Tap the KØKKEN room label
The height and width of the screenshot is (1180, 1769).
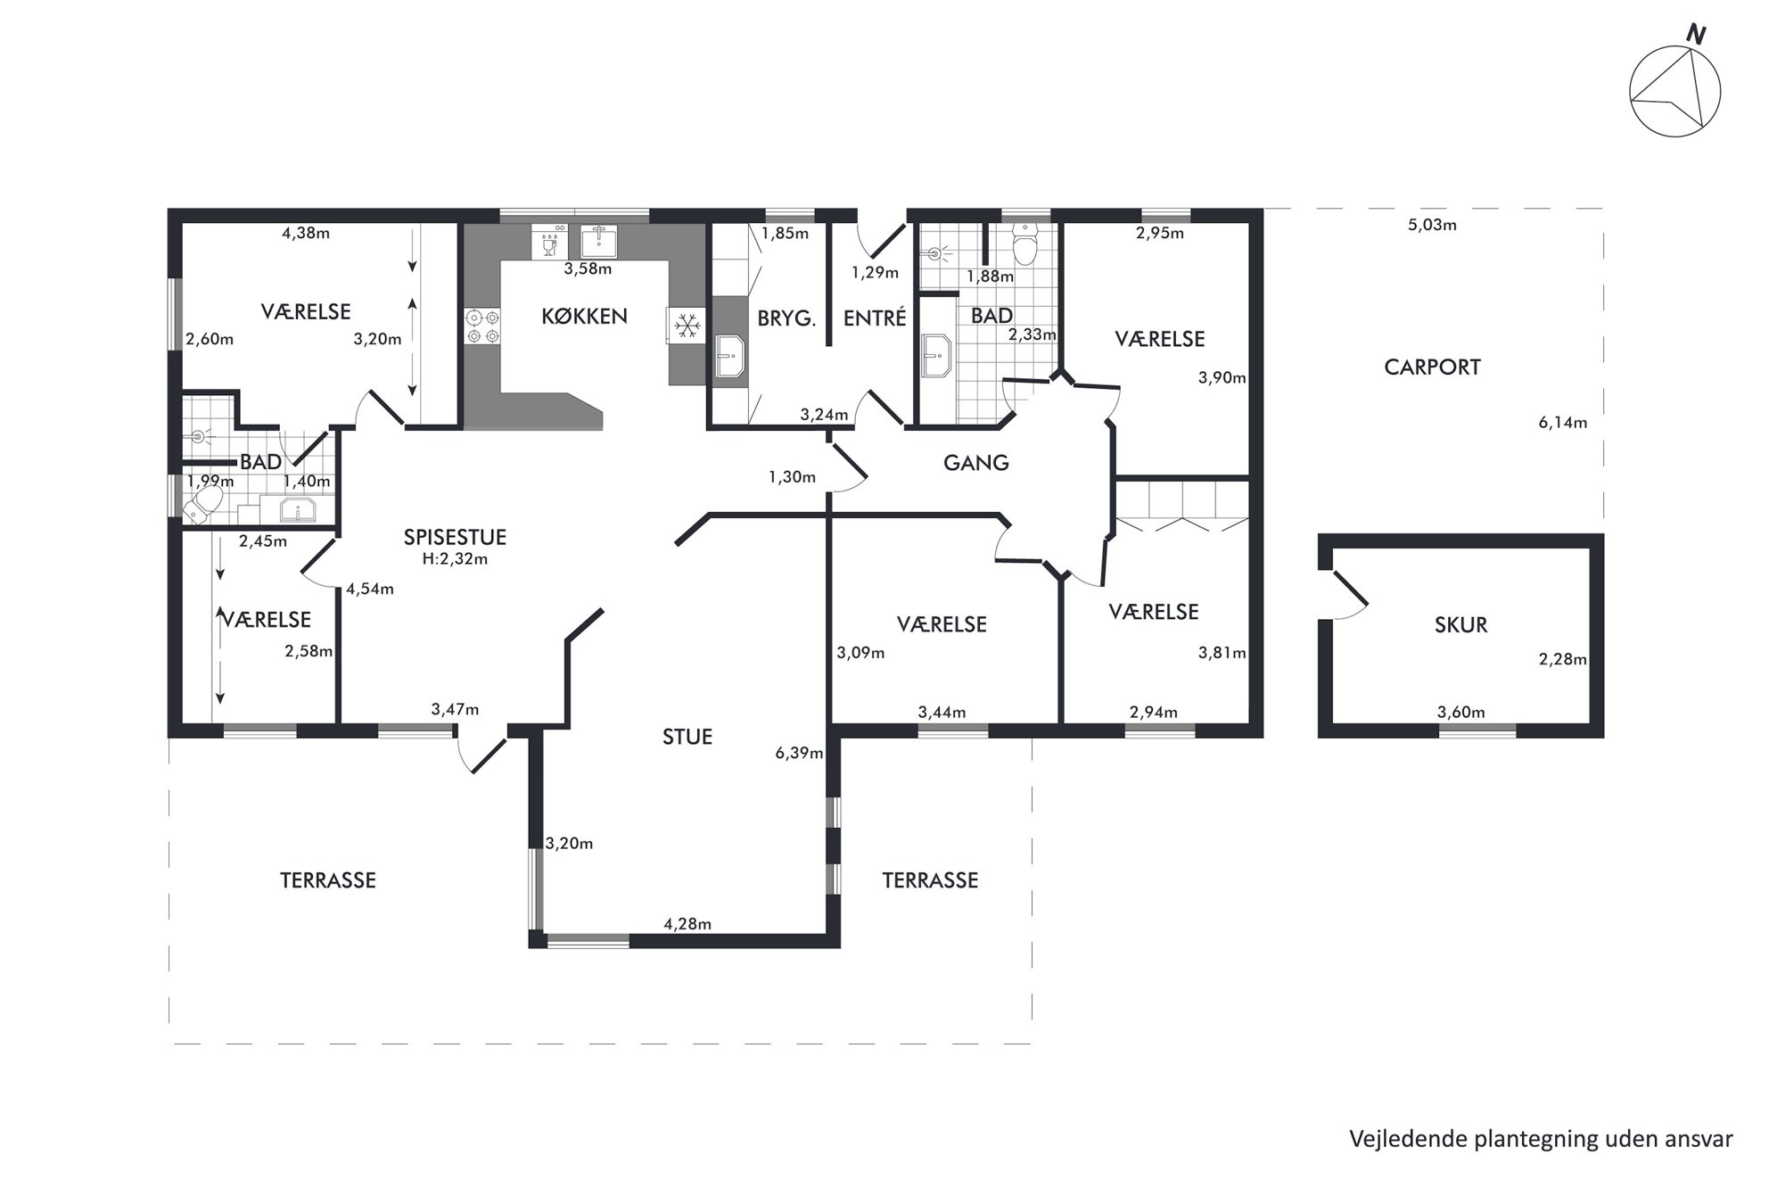pyautogui.click(x=584, y=317)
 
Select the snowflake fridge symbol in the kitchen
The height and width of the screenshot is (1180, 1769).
pyautogui.click(x=687, y=326)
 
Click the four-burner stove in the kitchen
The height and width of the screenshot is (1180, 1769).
pyautogui.click(x=482, y=326)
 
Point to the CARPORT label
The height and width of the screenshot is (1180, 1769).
pyautogui.click(x=1432, y=367)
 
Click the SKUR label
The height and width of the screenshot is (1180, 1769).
pyautogui.click(x=1460, y=625)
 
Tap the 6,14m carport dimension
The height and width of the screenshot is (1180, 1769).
pyautogui.click(x=1562, y=423)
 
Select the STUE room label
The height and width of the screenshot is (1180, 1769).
pyautogui.click(x=687, y=737)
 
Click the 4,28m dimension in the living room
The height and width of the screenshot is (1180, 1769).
pyautogui.click(x=687, y=925)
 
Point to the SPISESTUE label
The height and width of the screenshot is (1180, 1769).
pyautogui.click(x=455, y=537)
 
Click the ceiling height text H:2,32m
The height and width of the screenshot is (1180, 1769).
pyautogui.click(x=455, y=560)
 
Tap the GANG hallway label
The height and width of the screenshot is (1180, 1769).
pyautogui.click(x=976, y=463)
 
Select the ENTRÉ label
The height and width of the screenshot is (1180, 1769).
pyautogui.click(x=875, y=318)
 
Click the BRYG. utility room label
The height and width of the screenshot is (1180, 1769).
pyautogui.click(x=786, y=318)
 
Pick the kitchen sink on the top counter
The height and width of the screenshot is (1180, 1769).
pyautogui.click(x=598, y=241)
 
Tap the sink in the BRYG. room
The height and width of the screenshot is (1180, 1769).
pyautogui.click(x=729, y=357)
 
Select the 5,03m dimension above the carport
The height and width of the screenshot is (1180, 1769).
pyautogui.click(x=1432, y=226)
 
